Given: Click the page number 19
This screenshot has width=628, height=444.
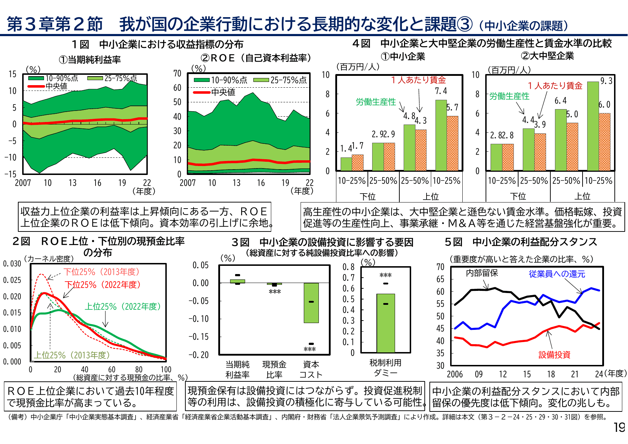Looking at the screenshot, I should [x=619, y=428].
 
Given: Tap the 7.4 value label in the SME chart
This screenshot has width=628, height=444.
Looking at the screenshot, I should [x=441, y=91].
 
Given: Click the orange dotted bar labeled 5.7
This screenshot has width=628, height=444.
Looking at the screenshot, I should [x=452, y=143].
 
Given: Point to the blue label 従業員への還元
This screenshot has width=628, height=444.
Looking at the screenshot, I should [x=557, y=274].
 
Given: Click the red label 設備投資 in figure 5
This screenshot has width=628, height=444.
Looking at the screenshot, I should [x=554, y=355].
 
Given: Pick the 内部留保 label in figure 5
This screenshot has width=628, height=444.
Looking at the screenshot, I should [x=482, y=273].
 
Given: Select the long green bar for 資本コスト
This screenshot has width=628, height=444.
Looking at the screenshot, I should [x=311, y=303].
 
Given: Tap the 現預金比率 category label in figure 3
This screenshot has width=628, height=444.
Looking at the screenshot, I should [x=274, y=369].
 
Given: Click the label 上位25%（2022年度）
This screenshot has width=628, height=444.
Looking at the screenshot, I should [x=122, y=307].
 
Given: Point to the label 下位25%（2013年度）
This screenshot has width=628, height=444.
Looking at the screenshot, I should [x=102, y=272].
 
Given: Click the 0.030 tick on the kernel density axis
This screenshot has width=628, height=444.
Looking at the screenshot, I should [x=12, y=264].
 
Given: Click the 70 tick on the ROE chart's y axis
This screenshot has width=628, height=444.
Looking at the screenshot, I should [x=177, y=73].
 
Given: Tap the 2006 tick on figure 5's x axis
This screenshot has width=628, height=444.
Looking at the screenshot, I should [x=454, y=374].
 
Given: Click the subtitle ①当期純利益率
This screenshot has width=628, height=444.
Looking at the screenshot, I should [x=90, y=60].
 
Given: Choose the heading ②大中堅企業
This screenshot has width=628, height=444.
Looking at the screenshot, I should [x=547, y=56].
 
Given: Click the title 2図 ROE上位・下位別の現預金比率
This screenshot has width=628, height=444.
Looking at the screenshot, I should [x=98, y=241].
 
